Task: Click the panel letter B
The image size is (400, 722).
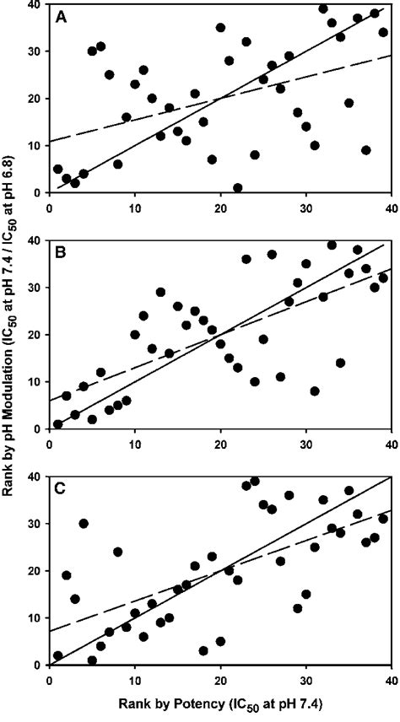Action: pos(62,251)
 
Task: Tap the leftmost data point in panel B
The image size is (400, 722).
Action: pos(58,424)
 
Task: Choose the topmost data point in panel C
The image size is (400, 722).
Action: pos(255,481)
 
